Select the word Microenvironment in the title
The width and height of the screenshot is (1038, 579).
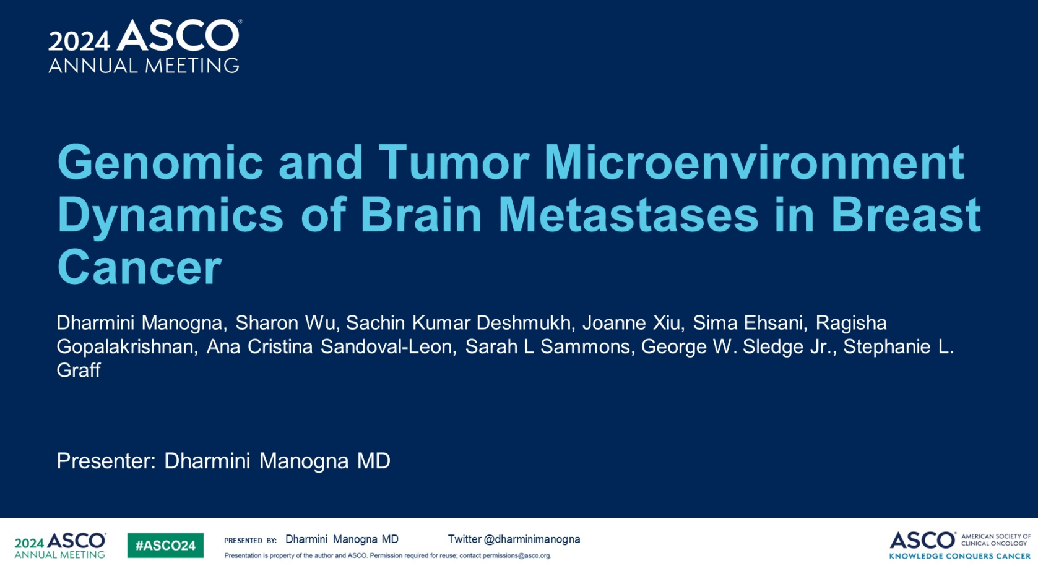click(755, 162)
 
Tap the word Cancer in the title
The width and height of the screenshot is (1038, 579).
click(139, 267)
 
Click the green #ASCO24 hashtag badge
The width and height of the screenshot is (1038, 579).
click(165, 545)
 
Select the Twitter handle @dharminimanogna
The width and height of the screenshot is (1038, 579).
click(532, 539)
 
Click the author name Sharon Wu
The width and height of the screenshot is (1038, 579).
click(285, 323)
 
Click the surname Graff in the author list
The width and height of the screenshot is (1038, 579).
click(79, 371)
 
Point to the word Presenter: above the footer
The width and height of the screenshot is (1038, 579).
click(106, 461)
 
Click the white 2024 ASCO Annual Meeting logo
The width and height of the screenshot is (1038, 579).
click(145, 46)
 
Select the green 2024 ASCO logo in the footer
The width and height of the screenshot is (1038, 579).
click(60, 545)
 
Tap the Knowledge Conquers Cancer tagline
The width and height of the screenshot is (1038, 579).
click(959, 556)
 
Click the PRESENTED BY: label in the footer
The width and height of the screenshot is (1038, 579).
click(250, 541)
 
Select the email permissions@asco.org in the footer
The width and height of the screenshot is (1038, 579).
click(517, 556)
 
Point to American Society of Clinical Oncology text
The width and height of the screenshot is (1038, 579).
click(996, 540)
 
